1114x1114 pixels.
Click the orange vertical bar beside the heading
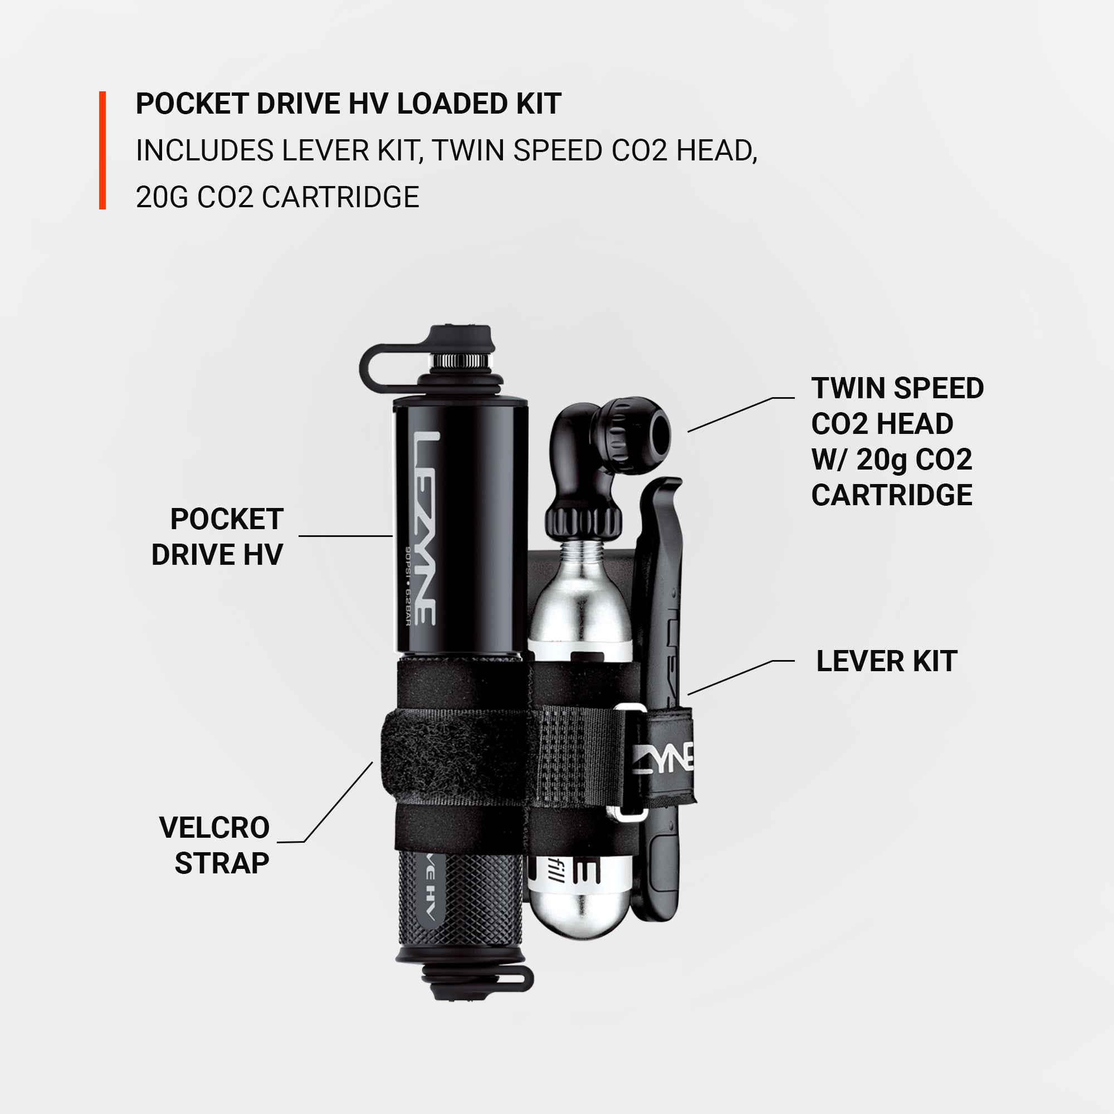[102, 150]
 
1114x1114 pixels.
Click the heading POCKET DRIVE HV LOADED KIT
[348, 104]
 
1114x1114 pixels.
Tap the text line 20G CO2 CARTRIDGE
[277, 197]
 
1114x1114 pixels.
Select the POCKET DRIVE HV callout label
[217, 537]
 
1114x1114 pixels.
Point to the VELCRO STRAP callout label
[214, 846]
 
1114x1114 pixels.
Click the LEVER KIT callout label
[886, 661]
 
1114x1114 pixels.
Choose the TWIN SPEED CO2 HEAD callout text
[897, 442]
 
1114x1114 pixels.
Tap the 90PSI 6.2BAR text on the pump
[407, 586]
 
